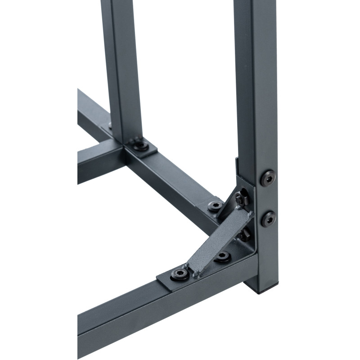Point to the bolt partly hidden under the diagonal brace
[x=222, y=257]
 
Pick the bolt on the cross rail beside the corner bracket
[x=216, y=206]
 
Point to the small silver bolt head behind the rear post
[x=110, y=125]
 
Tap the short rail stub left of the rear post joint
[x=97, y=160]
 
